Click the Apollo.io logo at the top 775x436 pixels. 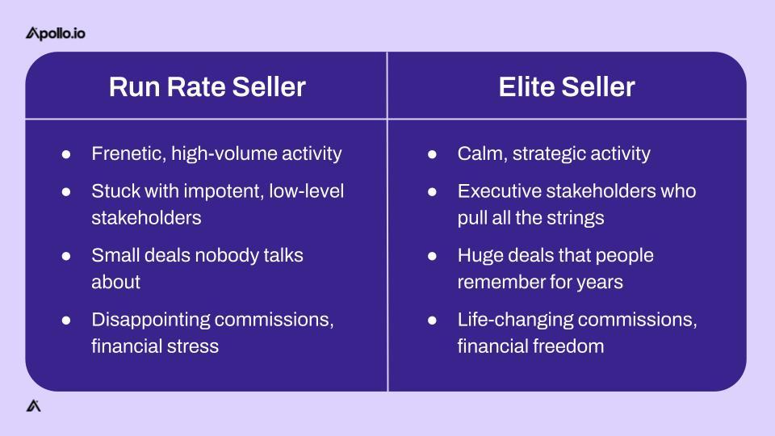pyautogui.click(x=56, y=33)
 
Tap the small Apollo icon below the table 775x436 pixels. pyautogui.click(x=33, y=405)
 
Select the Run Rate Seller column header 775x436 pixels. pyautogui.click(x=207, y=86)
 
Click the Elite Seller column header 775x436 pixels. pyautogui.click(x=567, y=86)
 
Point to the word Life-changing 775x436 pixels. pyautogui.click(x=515, y=320)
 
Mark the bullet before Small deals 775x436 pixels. pyautogui.click(x=66, y=256)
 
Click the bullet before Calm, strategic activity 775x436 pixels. pyautogui.click(x=432, y=154)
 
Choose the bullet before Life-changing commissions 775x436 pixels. pyautogui.click(x=432, y=321)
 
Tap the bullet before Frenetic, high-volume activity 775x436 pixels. pyautogui.click(x=66, y=154)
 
